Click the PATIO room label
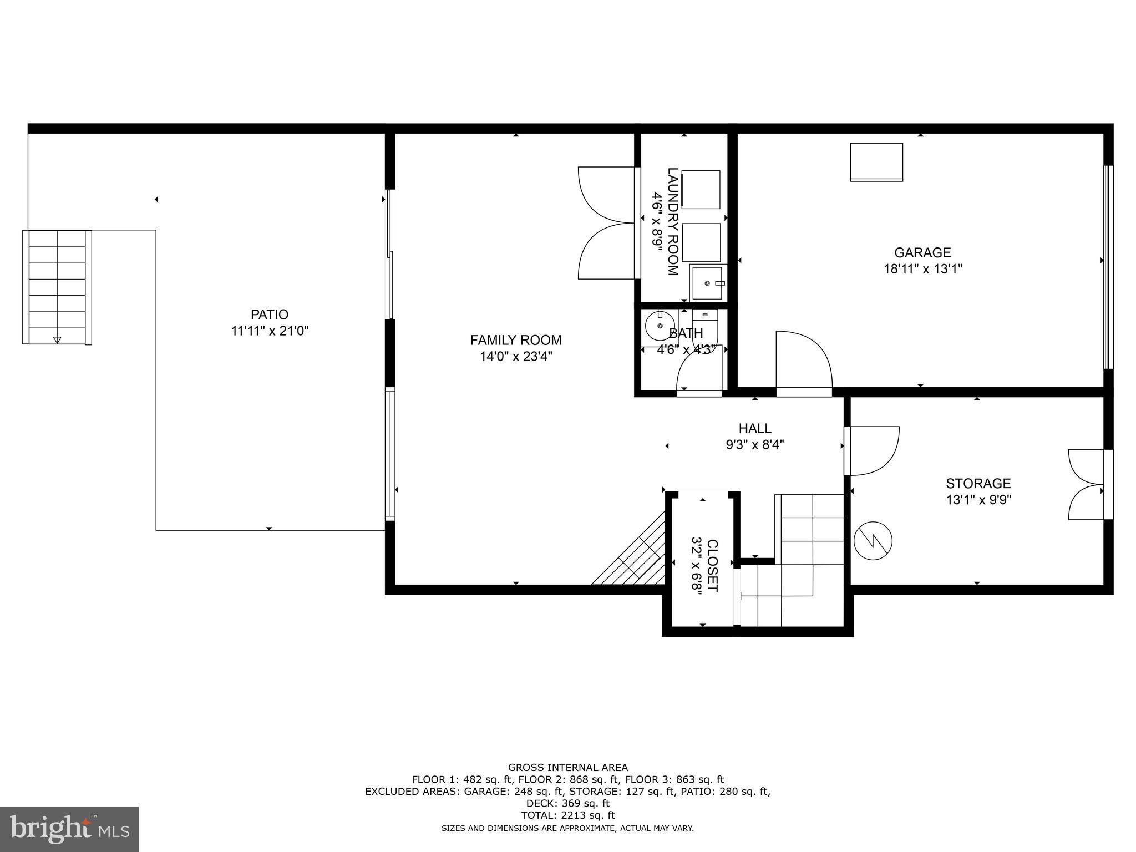(270, 315)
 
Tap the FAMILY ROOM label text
(516, 340)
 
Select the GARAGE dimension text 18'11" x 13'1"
(922, 269)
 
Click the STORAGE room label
(978, 483)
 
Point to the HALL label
(755, 428)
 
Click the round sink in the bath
(660, 327)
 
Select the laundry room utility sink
(708, 283)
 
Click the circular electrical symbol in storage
(873, 540)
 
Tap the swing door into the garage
(804, 363)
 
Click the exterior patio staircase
(57, 287)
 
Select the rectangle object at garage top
(876, 162)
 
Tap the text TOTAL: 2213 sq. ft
(567, 815)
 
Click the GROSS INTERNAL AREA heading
(567, 768)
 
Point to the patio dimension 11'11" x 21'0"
(270, 331)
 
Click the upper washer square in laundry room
(701, 190)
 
